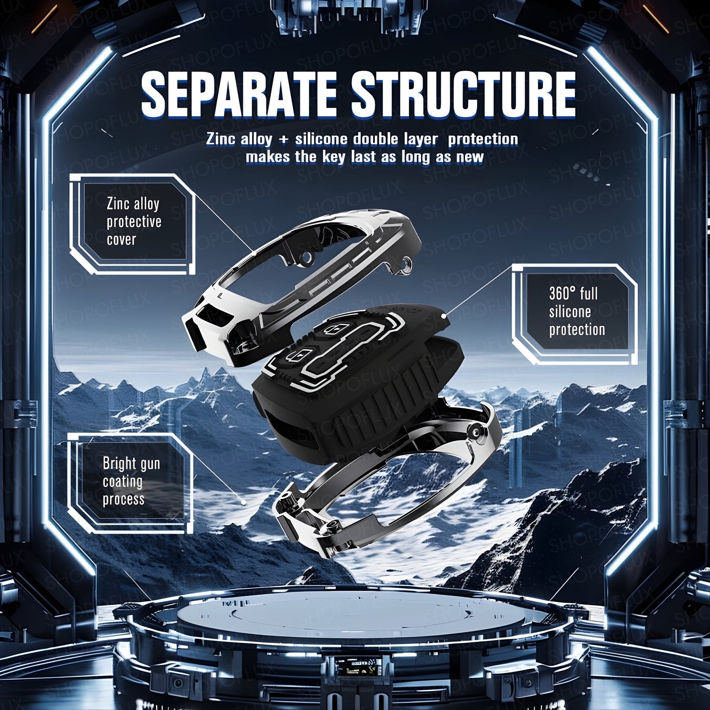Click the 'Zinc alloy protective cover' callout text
[134, 222]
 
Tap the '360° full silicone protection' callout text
[576, 312]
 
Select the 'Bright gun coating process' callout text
[131, 481]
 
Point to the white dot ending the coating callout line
[243, 502]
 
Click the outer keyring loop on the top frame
[406, 265]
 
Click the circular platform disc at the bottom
[355, 621]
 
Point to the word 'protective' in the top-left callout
[134, 221]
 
